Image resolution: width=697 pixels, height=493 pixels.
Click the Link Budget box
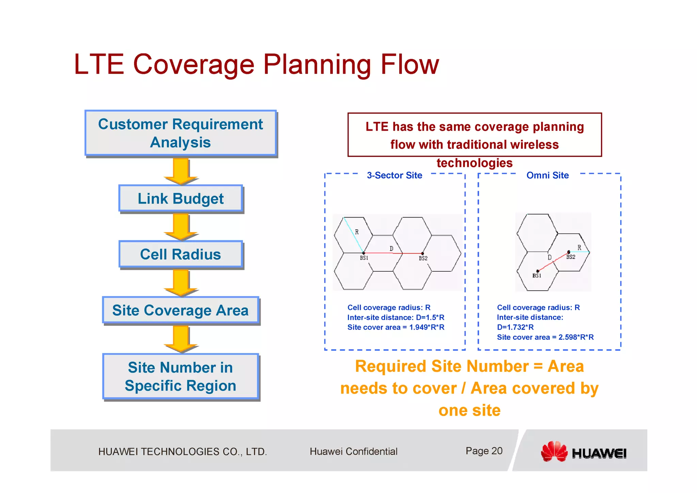[180, 198]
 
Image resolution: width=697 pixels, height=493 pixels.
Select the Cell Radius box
[180, 254]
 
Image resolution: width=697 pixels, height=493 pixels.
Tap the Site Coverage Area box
[180, 310]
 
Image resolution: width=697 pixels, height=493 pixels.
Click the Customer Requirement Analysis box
[180, 133]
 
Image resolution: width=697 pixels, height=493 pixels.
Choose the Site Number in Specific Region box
[180, 376]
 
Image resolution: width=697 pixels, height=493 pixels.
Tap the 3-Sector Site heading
[394, 175]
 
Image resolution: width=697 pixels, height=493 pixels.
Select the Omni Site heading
[548, 175]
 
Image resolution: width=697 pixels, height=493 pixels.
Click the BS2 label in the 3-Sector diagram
[423, 258]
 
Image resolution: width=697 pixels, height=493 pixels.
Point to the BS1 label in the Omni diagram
[537, 276]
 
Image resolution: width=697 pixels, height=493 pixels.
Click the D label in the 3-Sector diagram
[391, 249]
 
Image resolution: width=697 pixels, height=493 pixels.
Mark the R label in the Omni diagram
[579, 248]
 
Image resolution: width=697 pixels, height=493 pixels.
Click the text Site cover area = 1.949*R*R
[396, 327]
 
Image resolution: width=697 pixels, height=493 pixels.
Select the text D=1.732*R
[515, 327]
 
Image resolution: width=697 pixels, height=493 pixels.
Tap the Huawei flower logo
[554, 451]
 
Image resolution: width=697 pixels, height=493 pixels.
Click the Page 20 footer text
[484, 451]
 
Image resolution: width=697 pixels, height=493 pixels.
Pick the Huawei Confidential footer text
[353, 451]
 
